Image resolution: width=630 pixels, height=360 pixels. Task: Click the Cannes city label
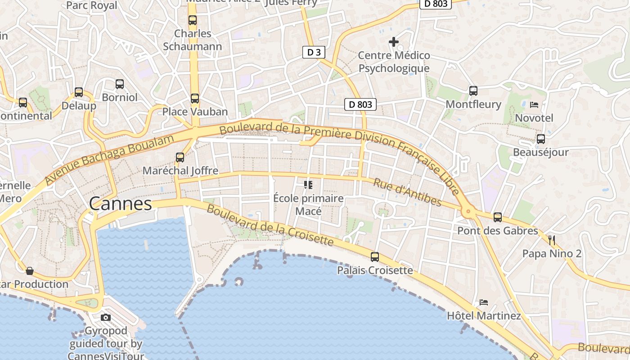point(121,204)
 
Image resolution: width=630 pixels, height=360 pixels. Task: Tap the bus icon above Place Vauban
point(194,98)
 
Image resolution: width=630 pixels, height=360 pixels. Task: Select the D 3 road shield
point(314,52)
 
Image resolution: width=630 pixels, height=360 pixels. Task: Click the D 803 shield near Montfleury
point(360,104)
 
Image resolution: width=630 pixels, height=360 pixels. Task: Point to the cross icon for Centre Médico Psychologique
point(394,42)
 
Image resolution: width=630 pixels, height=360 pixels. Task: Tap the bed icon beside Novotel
point(534,104)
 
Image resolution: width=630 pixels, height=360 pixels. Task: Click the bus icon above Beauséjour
point(541,139)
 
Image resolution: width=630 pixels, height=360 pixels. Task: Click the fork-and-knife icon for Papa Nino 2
point(552,240)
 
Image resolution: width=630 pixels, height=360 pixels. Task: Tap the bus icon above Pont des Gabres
point(497,217)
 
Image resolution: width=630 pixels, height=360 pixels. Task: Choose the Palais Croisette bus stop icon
point(375,257)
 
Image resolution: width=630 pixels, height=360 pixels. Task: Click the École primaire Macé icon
point(308,184)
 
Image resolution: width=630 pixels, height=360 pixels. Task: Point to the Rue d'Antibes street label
point(407,192)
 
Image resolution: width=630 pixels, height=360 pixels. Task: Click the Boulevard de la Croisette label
point(270,226)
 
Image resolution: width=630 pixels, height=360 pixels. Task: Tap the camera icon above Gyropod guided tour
point(106,317)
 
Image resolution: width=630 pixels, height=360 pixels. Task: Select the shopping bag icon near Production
point(30,270)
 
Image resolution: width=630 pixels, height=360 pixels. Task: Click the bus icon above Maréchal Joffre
point(180,157)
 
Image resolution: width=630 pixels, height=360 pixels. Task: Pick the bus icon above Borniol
point(119,84)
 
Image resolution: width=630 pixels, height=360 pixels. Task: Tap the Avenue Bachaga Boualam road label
point(110,160)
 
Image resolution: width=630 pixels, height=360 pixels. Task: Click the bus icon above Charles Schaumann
point(193,20)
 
